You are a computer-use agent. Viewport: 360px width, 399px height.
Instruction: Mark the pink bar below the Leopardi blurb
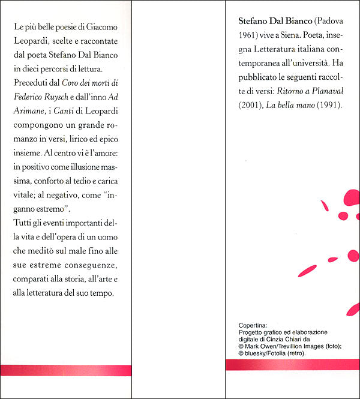point(65,370)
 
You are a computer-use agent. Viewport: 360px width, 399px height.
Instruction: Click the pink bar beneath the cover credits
point(292,365)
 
